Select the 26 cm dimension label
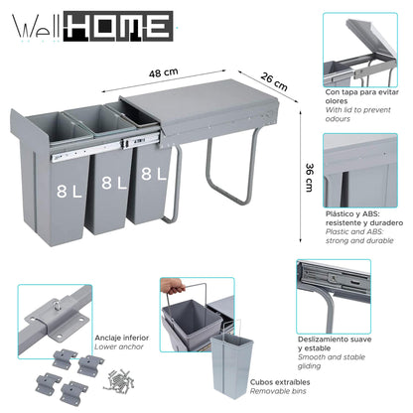pyautogui.click(x=274, y=78)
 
